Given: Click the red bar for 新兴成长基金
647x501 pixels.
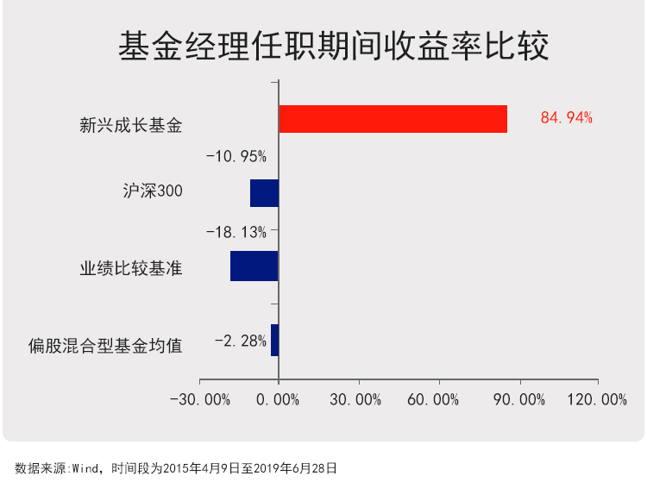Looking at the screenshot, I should pos(393,119).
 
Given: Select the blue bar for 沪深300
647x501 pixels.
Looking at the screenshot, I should pos(264,193).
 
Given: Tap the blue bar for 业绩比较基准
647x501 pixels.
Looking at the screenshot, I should pos(254,266).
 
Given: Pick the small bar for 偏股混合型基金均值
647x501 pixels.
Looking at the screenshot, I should pos(274,340).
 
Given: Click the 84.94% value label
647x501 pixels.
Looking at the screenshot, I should pos(567,118).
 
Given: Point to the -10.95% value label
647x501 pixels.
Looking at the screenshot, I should pos(236,157).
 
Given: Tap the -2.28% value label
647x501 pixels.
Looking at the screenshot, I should pos(241,341).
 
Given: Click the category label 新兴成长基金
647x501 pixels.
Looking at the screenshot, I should pos(131,126).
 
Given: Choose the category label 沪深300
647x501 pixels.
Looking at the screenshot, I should pos(153,191).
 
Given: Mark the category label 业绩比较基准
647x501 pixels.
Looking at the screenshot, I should pos(131,267).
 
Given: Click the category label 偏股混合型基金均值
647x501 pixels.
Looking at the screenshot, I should pos(105,347).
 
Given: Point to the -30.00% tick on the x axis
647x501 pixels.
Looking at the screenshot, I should pos(200,399).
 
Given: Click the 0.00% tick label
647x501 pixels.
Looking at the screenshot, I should pos(279,399).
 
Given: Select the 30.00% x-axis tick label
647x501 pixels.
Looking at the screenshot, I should pos(356,399).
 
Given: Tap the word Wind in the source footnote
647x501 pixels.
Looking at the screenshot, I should pos(86,468).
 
